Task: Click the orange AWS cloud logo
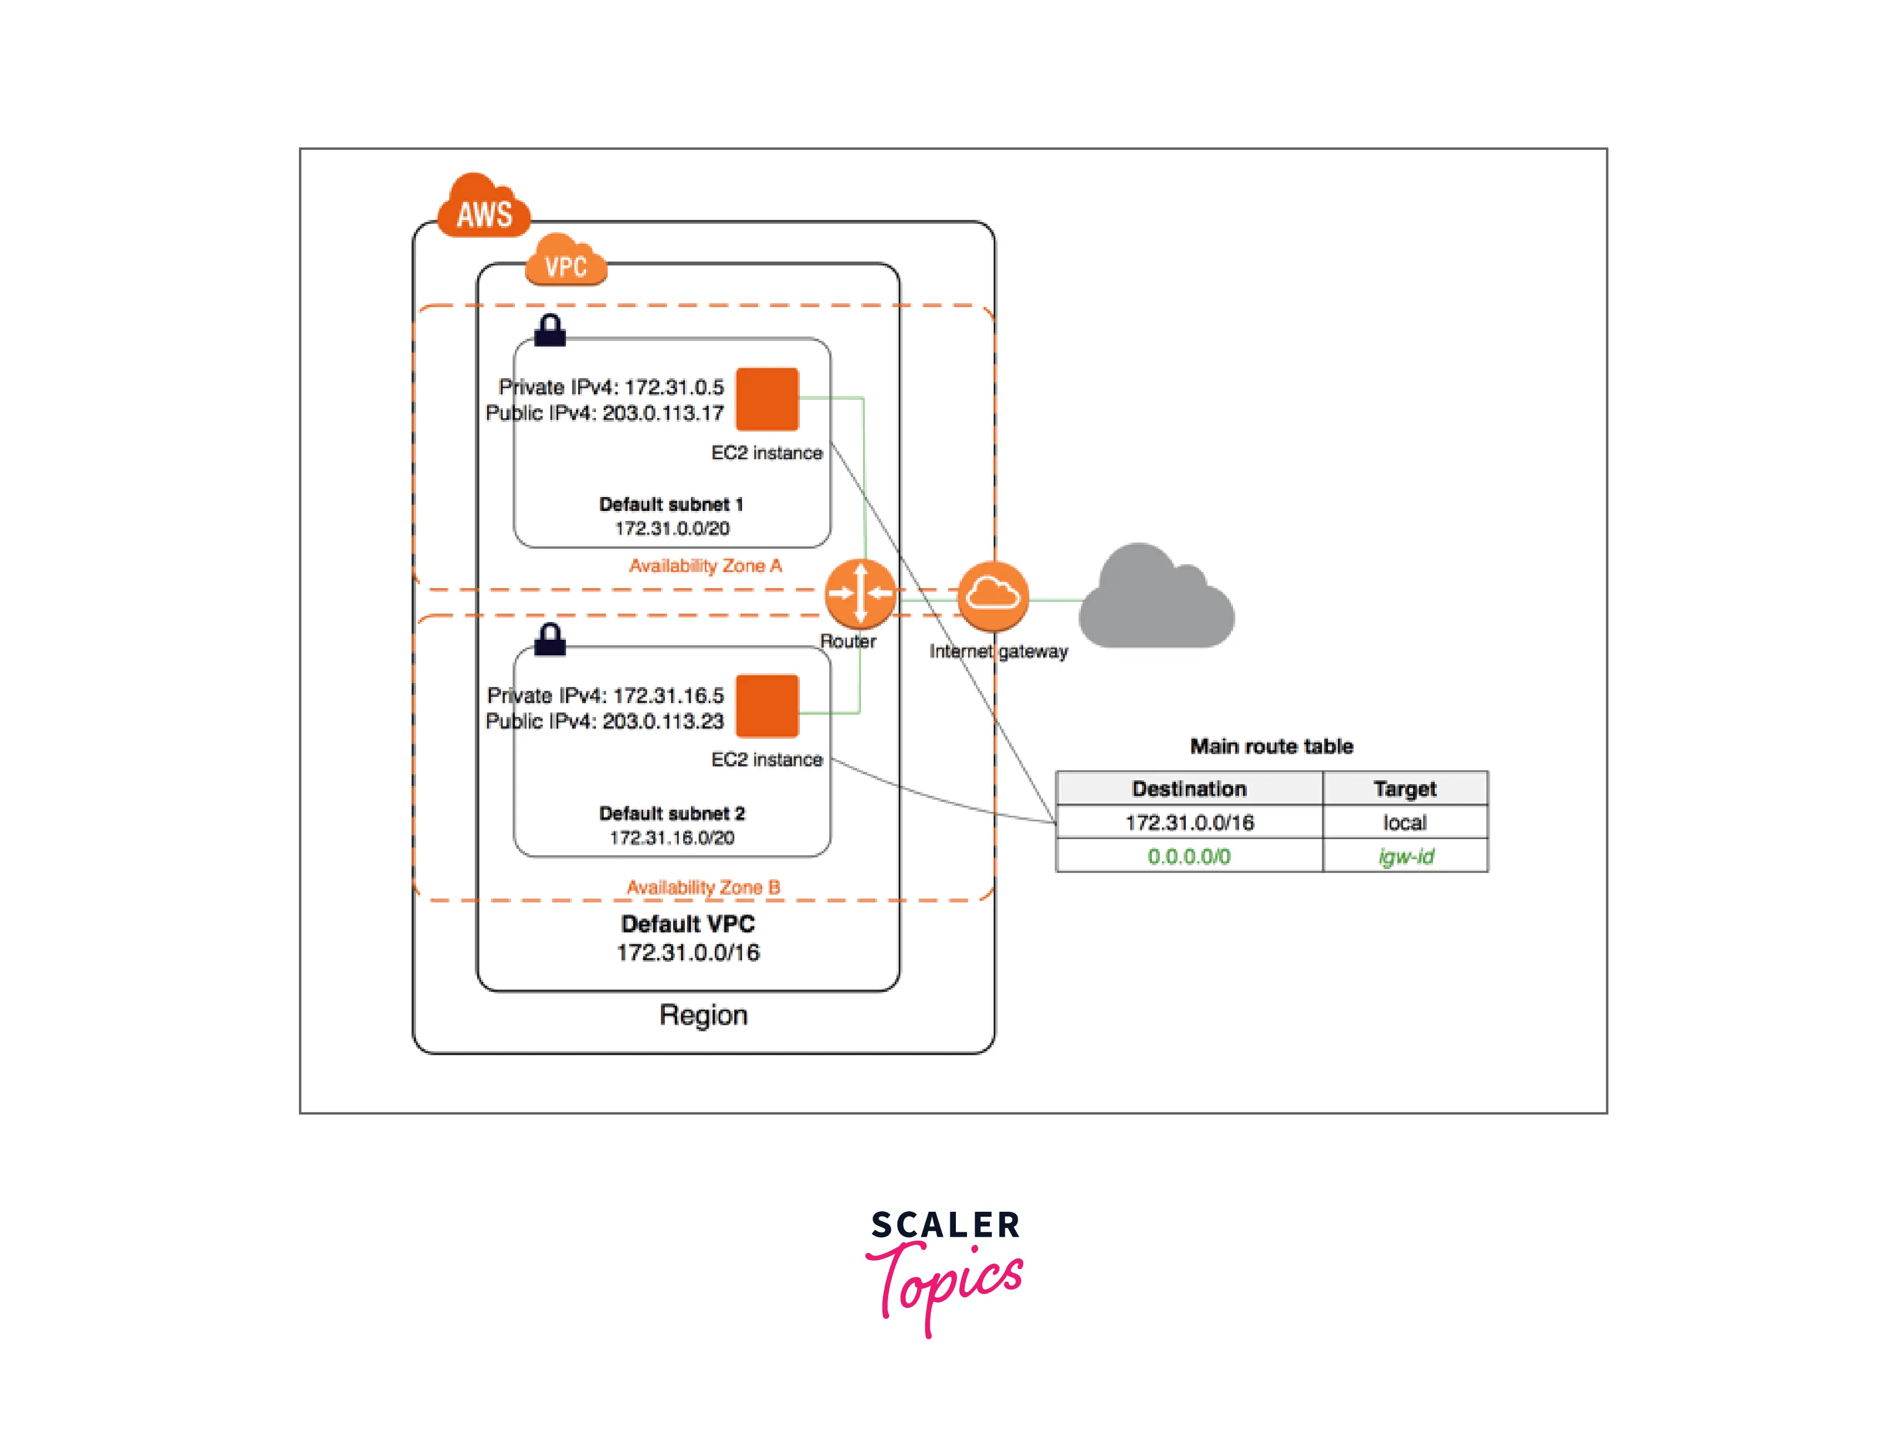(x=483, y=208)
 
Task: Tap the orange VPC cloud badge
(x=565, y=262)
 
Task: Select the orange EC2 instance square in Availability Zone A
(x=766, y=399)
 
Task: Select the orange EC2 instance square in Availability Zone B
(x=766, y=705)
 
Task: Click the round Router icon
(x=860, y=593)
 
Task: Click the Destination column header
(x=1188, y=789)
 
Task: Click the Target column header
(x=1404, y=789)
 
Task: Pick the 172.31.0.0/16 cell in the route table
(x=1188, y=823)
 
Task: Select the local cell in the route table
(x=1404, y=823)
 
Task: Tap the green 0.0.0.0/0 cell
(x=1188, y=856)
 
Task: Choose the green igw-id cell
(x=1404, y=856)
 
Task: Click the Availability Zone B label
(x=703, y=887)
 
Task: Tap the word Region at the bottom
(x=703, y=1015)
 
